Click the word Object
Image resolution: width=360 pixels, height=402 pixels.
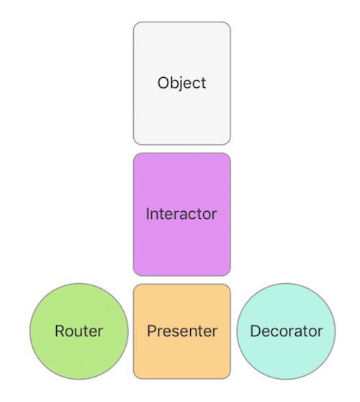tap(181, 83)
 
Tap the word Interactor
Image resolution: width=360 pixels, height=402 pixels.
tap(181, 214)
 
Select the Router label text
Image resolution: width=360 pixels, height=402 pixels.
tap(79, 331)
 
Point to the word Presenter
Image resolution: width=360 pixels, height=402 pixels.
tap(182, 331)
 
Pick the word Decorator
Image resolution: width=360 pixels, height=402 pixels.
tap(287, 331)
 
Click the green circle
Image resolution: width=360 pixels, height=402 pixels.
tap(79, 331)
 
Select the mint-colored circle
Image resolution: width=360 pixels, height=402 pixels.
tap(286, 331)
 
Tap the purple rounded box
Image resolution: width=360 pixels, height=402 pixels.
tap(182, 215)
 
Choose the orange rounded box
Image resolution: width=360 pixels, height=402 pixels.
tap(182, 331)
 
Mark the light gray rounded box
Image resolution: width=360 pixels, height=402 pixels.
tap(182, 84)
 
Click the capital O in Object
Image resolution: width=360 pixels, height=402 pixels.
tap(163, 83)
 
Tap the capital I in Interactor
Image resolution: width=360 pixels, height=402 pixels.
tap(148, 214)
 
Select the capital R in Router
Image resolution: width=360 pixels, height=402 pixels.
tap(60, 331)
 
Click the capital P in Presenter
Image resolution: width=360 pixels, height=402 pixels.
tap(152, 331)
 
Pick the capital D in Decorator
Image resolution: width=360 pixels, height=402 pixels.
tap(256, 331)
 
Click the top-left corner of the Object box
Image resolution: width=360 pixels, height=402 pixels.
tap(133, 22)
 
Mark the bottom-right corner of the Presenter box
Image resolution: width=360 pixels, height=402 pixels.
tap(230, 378)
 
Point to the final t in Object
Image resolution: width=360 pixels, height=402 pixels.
tap(204, 84)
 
